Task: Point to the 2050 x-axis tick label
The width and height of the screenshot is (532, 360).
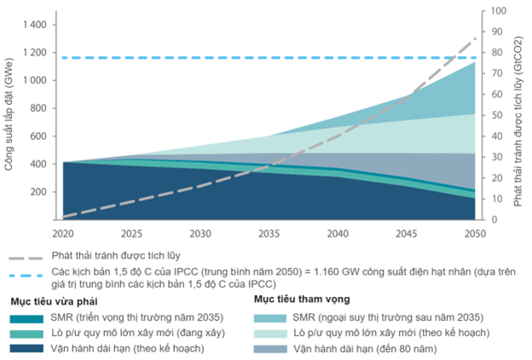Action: click(x=476, y=232)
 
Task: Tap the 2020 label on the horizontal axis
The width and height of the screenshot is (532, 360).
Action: click(x=64, y=232)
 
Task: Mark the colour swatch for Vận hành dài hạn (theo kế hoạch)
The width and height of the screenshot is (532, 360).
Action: click(x=28, y=348)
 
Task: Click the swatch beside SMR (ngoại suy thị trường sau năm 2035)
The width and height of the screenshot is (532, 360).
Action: click(x=270, y=317)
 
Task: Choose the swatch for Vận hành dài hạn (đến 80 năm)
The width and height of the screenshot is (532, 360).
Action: click(x=270, y=348)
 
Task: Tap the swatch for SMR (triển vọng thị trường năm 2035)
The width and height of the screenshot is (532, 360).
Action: click(x=28, y=317)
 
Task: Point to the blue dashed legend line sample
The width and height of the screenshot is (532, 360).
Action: click(x=28, y=273)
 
